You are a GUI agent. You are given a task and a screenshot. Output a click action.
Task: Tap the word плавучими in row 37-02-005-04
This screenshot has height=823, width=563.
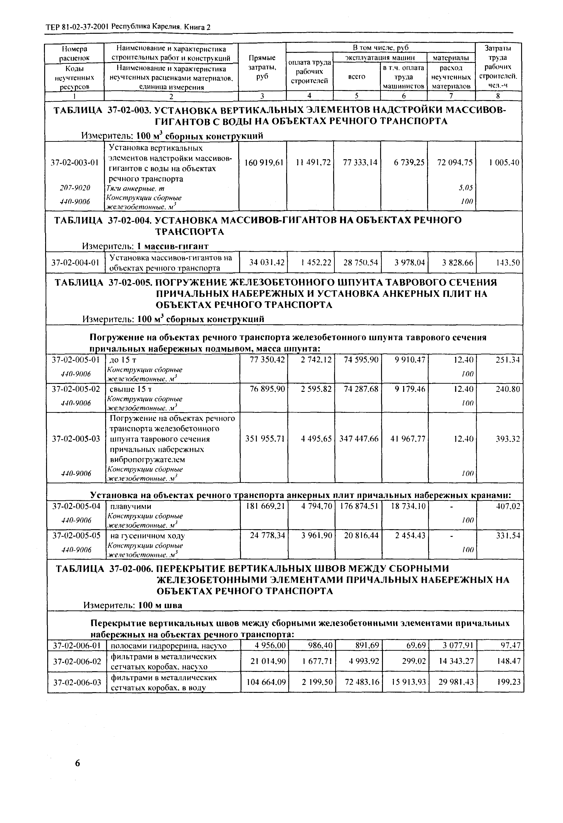131,506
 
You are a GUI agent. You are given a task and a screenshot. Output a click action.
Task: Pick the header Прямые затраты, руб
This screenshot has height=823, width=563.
262,67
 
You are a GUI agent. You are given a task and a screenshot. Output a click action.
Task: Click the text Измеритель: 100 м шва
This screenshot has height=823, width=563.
133,605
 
